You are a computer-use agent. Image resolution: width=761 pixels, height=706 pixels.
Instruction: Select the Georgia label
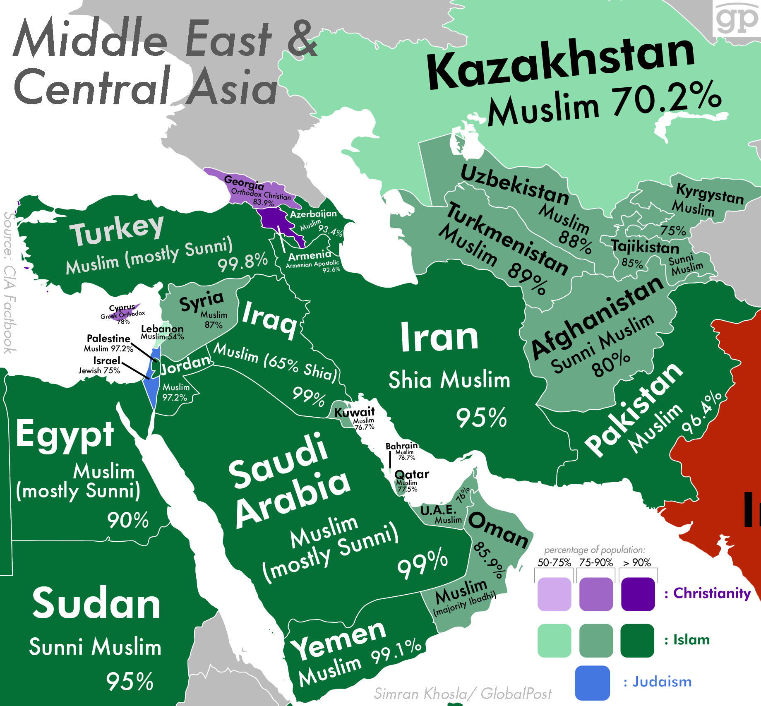pyautogui.click(x=244, y=182)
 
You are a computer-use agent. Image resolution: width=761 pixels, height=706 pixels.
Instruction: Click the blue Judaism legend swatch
pyautogui.click(x=592, y=682)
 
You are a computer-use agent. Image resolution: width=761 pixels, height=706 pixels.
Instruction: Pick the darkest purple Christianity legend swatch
pyautogui.click(x=638, y=594)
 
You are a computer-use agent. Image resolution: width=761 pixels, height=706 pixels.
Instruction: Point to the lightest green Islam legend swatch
pyautogui.click(x=554, y=641)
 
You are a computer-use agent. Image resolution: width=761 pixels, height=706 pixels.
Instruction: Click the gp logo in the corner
pyautogui.click(x=737, y=19)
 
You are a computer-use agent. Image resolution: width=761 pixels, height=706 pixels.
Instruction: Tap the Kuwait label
pyautogui.click(x=354, y=412)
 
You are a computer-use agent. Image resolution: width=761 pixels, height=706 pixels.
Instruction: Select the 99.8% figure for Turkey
pyautogui.click(x=243, y=262)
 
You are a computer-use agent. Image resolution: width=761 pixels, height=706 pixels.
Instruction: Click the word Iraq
pyautogui.click(x=270, y=319)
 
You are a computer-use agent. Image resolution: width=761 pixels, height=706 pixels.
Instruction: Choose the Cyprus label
pyautogui.click(x=122, y=308)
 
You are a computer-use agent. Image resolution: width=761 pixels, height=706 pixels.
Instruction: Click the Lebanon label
pyautogui.click(x=162, y=329)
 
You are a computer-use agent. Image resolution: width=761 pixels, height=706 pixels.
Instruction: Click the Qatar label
pyautogui.click(x=412, y=474)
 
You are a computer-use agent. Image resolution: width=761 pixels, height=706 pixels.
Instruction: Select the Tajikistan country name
pyautogui.click(x=645, y=247)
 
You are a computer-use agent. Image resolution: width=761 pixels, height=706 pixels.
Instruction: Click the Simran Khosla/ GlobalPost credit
pyautogui.click(x=462, y=693)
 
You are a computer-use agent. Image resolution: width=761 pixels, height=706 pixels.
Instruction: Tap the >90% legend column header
pyautogui.click(x=637, y=562)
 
